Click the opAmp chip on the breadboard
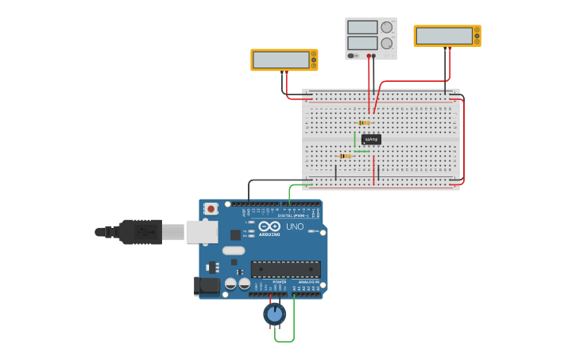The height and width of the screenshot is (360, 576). click(371, 139)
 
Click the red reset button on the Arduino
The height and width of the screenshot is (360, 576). click(211, 208)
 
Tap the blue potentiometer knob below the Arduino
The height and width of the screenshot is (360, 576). click(275, 315)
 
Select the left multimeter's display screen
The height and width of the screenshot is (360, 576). click(280, 60)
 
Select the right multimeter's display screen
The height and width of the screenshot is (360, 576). click(444, 36)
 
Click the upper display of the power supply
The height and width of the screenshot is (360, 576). click(362, 27)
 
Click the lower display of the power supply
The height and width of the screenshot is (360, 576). click(362, 42)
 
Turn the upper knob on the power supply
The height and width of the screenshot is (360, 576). click(387, 27)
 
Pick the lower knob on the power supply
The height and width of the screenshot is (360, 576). click(387, 43)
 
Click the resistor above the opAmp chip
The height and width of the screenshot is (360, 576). click(364, 122)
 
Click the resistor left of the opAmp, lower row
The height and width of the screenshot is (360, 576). click(344, 156)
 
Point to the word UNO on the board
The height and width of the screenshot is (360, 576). click(295, 226)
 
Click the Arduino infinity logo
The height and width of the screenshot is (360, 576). click(269, 226)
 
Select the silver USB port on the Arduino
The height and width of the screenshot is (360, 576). click(202, 231)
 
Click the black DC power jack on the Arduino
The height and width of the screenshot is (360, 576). click(207, 285)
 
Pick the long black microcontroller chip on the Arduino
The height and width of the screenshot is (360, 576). click(286, 269)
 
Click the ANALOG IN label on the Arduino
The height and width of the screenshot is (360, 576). click(308, 282)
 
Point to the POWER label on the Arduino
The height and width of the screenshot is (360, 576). click(280, 282)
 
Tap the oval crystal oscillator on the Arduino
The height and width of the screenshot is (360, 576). click(233, 250)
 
